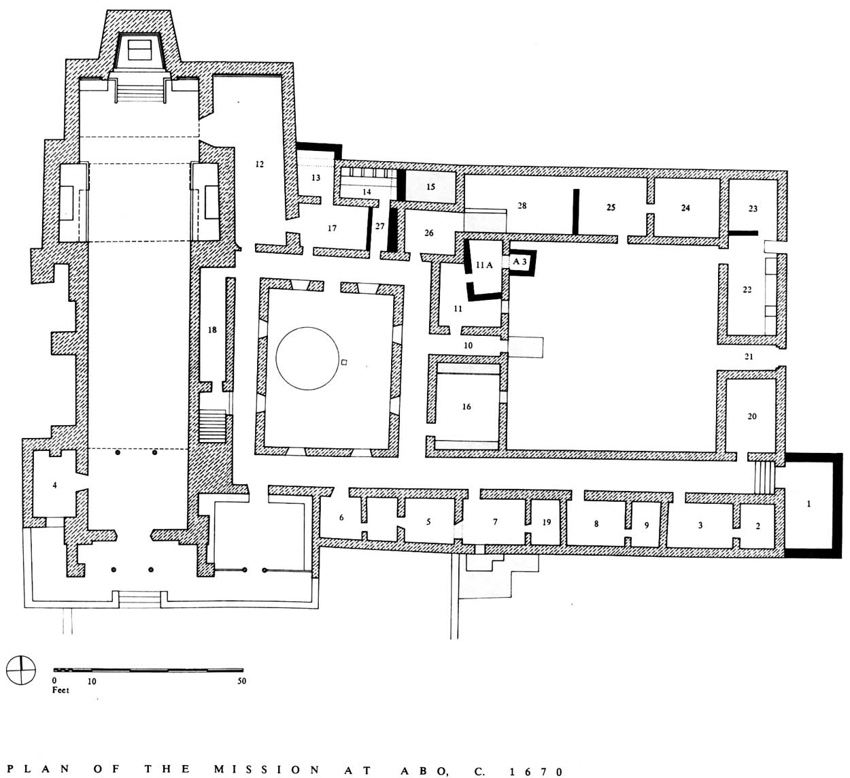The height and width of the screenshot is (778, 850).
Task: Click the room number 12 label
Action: (x=259, y=164)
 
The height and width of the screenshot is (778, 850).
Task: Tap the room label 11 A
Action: (x=484, y=265)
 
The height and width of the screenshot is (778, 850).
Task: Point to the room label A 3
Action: (x=520, y=262)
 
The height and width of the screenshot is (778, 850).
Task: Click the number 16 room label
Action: (x=466, y=407)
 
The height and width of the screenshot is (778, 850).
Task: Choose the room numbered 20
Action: (x=751, y=416)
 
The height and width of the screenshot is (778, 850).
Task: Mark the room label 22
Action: (x=747, y=290)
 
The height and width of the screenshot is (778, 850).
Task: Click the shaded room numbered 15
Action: (x=430, y=187)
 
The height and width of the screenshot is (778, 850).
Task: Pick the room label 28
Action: (x=522, y=205)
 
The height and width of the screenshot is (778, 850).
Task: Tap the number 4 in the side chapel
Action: (x=54, y=485)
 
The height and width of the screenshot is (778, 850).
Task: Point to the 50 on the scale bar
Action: (x=241, y=681)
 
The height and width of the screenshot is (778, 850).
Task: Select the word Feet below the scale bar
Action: (x=61, y=690)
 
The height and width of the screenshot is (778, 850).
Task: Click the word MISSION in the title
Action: (x=267, y=770)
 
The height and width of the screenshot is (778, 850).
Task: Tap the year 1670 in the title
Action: (x=536, y=770)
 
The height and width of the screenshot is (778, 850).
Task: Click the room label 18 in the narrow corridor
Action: (x=212, y=330)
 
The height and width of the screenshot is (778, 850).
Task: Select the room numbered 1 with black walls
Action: (x=809, y=504)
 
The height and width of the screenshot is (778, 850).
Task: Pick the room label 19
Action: (x=546, y=522)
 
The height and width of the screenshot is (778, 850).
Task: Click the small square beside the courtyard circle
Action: (x=344, y=362)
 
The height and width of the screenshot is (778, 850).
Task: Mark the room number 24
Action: (x=685, y=208)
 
